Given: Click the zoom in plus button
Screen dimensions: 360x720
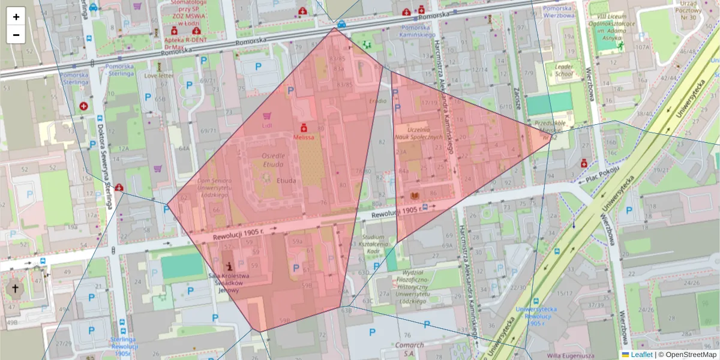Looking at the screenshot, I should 16,17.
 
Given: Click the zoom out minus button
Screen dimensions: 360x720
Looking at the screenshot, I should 16,35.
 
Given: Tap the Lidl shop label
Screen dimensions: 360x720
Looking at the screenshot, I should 267,126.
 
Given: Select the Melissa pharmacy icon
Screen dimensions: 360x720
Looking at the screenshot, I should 304,128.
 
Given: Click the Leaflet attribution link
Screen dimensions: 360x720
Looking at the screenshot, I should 641,355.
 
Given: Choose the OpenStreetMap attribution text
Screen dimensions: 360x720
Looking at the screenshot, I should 687,355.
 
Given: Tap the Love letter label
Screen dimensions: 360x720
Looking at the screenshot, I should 159,76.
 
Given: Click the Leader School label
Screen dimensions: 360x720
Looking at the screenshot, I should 564,70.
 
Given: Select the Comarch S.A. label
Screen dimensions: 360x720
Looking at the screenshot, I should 410,349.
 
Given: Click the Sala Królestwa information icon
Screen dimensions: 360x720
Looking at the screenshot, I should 229,265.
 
